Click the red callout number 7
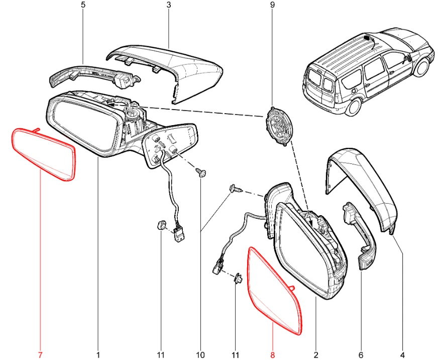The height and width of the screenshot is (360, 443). [x=40, y=354]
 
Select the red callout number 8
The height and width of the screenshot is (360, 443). [x=272, y=354]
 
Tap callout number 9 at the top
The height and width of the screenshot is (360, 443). [x=272, y=5]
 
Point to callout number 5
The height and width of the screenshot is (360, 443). [x=83, y=5]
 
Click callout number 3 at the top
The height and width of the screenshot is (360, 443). [x=169, y=5]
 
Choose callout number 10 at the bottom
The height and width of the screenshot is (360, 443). [x=200, y=354]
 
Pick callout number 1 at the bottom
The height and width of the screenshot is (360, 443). [x=98, y=354]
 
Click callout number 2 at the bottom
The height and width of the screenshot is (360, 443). [x=316, y=354]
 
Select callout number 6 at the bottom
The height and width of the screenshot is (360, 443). [x=361, y=354]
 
